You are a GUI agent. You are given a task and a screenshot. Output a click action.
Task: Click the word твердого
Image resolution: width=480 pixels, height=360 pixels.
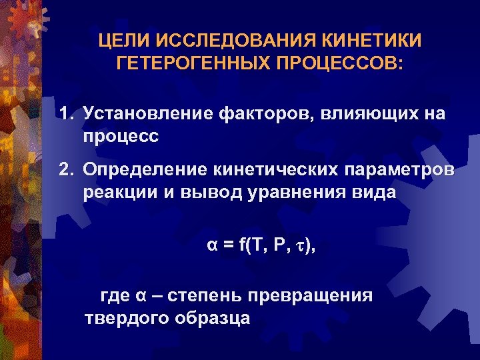[126, 318]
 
